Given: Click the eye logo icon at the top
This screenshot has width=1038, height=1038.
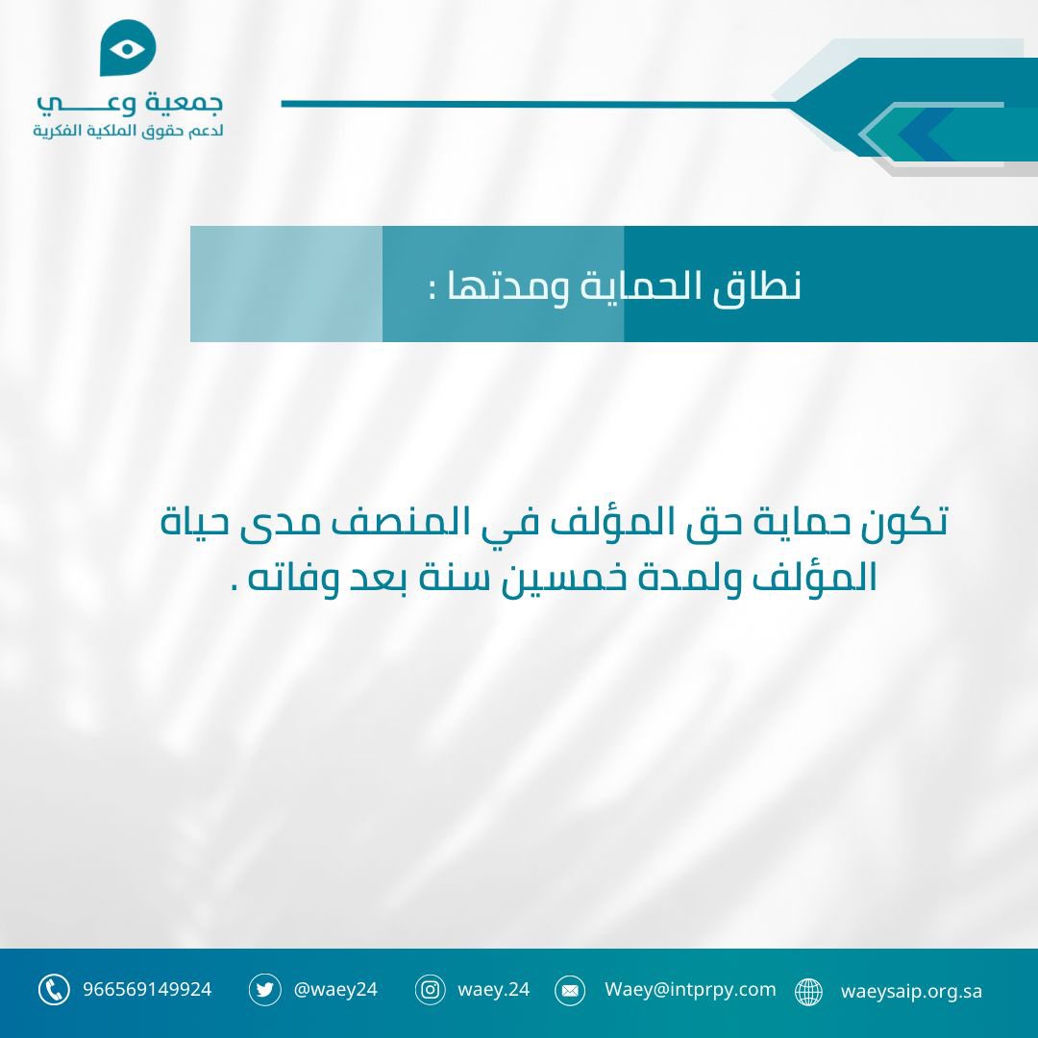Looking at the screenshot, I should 128,47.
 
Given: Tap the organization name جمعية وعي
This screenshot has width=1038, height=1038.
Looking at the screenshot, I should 129,102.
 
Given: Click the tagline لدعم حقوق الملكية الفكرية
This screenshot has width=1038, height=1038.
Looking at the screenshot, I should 129,130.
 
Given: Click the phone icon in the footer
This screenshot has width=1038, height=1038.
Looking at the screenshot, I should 54,990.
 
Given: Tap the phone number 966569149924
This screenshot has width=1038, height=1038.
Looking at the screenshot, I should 147,989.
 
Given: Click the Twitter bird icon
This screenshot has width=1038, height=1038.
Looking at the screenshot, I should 264,990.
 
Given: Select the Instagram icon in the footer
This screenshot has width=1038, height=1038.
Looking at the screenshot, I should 431,990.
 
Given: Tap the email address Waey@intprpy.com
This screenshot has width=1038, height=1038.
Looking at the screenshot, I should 690,989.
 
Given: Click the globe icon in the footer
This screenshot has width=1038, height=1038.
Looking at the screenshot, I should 809,992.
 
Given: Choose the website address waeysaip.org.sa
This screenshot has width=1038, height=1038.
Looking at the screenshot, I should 911,991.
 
